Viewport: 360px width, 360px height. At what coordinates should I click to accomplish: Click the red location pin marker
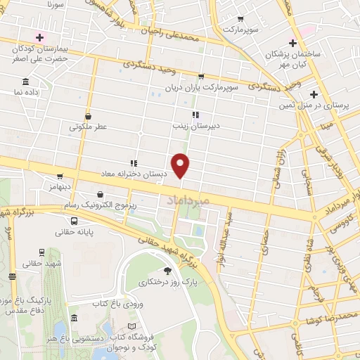(181, 165)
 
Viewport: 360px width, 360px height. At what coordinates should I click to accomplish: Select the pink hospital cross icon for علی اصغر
(39, 37)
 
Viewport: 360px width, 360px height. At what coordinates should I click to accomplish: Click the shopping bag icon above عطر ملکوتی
(88, 117)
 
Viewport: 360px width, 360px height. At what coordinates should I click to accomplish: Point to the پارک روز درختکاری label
(167, 282)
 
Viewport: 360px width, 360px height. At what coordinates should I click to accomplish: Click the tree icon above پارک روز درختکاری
(167, 271)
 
